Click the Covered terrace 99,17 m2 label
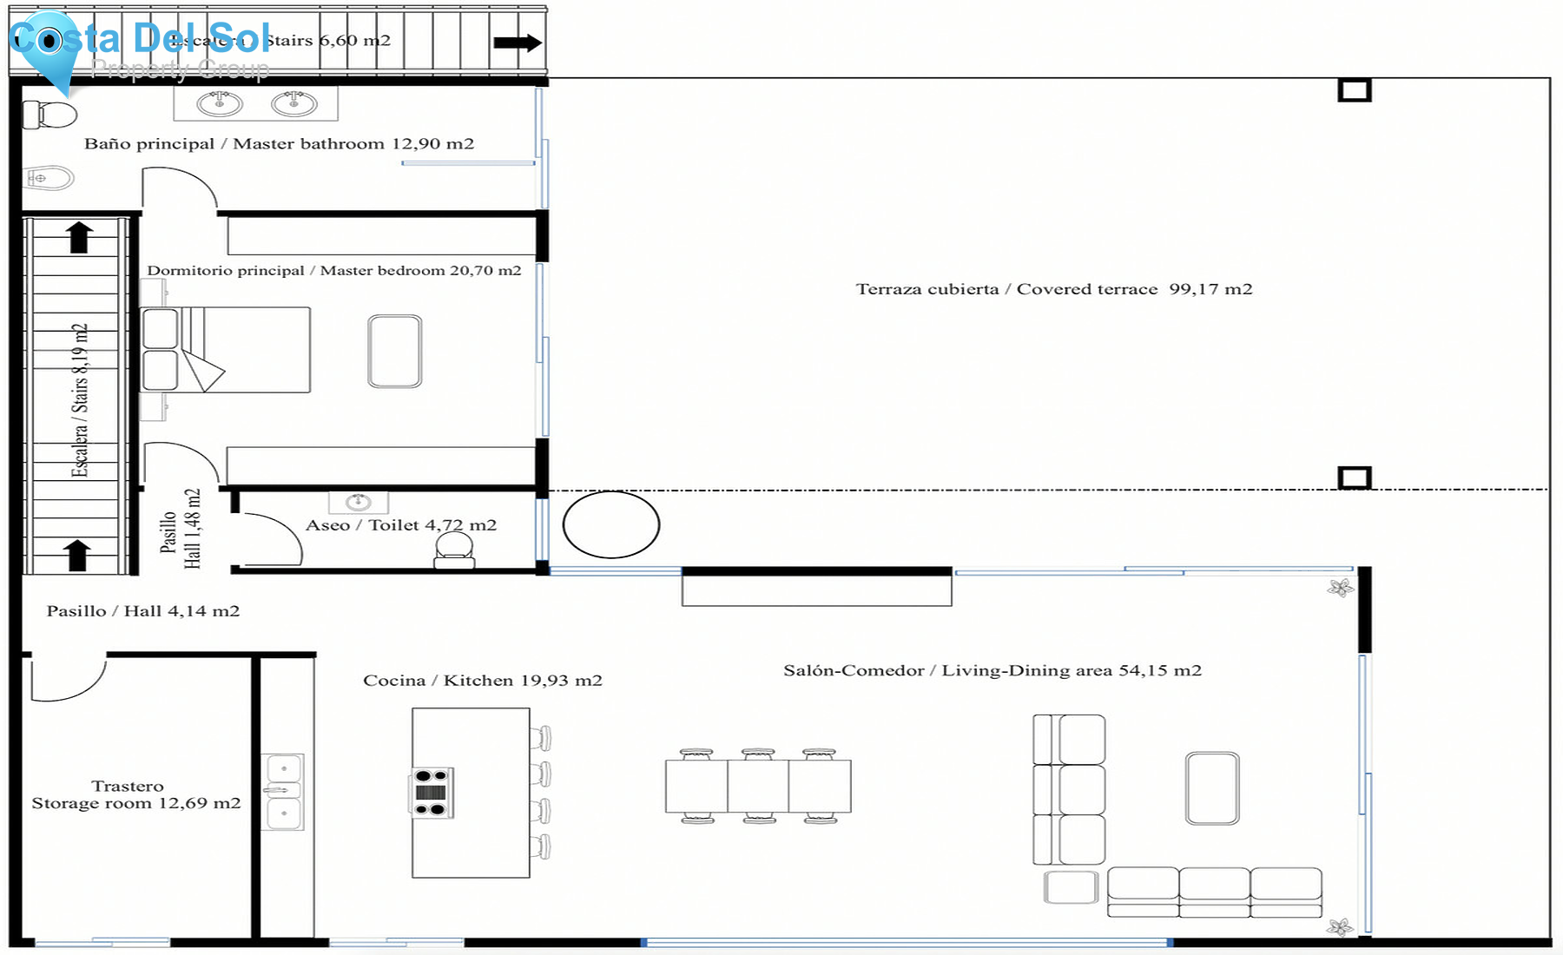(x=1054, y=289)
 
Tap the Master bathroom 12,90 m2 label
(x=279, y=144)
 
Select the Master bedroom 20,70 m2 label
(x=334, y=271)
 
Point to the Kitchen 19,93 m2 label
(x=483, y=681)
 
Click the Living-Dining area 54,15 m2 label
(x=993, y=670)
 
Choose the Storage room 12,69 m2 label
(x=135, y=795)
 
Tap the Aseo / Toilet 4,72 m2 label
(x=401, y=525)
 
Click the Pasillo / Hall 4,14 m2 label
(x=143, y=611)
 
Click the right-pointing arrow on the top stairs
(x=518, y=43)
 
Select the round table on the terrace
(x=611, y=524)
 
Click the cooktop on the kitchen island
(x=432, y=793)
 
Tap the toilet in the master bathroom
(x=50, y=114)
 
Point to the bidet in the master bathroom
(x=49, y=178)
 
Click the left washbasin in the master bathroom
(x=220, y=104)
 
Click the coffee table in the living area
(x=1212, y=787)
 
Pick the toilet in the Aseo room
(x=454, y=550)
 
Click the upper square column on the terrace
(x=1354, y=90)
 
